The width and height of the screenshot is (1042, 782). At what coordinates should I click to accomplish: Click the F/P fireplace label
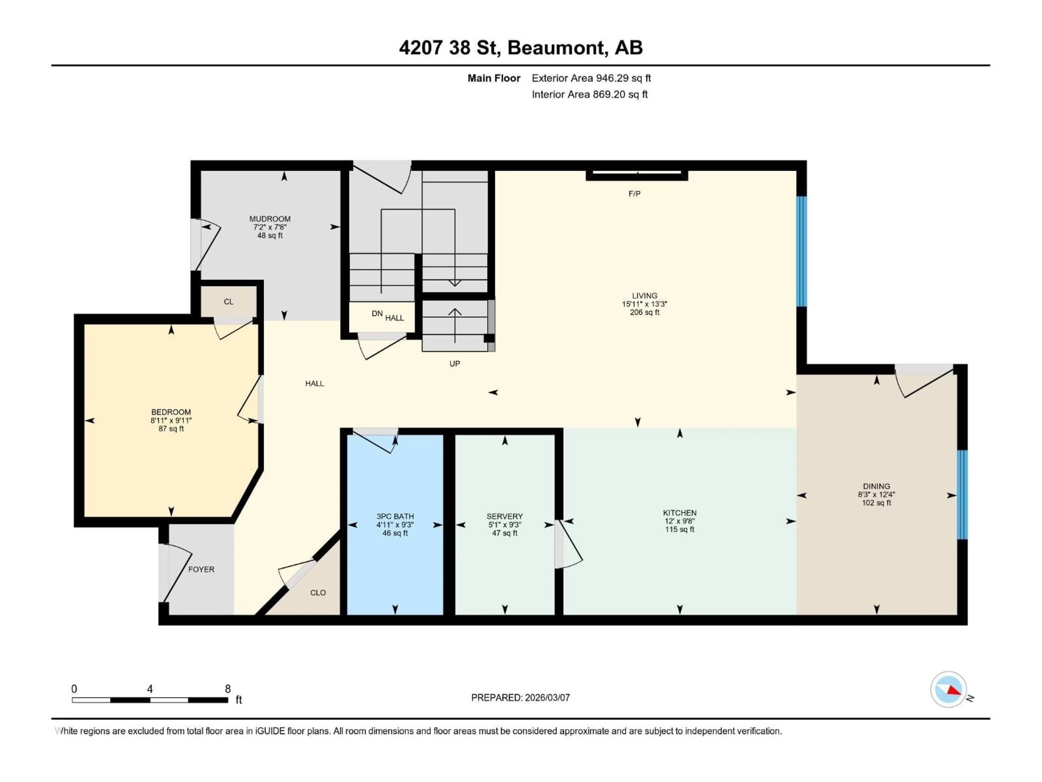[634, 194]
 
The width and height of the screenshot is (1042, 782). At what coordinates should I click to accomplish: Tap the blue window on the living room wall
[801, 251]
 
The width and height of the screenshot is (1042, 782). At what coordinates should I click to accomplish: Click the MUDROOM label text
[270, 219]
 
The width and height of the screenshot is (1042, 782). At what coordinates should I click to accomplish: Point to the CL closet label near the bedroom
[228, 302]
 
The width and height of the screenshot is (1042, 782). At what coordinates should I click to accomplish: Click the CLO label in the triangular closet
[318, 592]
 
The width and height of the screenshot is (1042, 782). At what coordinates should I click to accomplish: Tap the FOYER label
[201, 569]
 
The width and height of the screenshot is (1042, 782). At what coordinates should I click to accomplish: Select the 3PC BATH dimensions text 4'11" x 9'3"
[395, 525]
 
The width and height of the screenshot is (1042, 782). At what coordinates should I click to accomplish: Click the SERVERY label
[504, 516]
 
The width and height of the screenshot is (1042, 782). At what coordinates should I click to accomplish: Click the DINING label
[876, 486]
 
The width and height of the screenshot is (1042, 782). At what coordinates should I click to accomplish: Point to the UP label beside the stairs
[455, 363]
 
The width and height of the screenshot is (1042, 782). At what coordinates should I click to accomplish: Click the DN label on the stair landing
[377, 313]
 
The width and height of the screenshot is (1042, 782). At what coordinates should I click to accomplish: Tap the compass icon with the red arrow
[948, 689]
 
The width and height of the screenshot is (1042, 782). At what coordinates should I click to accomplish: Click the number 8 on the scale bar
[227, 689]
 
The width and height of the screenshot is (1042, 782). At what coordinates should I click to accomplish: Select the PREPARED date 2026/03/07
[546, 698]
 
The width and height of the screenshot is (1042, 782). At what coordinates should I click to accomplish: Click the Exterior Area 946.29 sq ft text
[591, 78]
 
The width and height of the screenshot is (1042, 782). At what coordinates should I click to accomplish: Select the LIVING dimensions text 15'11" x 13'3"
[644, 304]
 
